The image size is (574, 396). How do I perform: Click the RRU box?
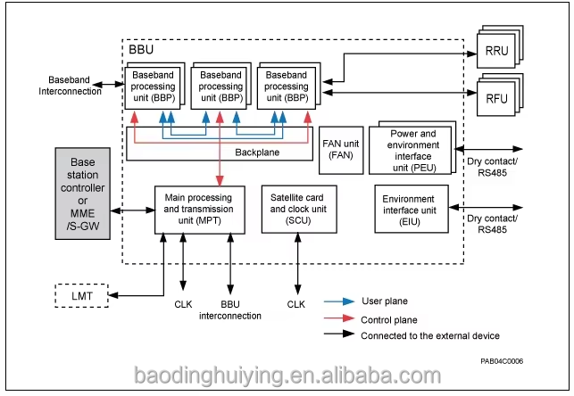498,51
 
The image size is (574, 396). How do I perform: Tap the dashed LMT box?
81,294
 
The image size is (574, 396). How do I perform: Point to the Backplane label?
258,153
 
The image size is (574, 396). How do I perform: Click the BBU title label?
142,53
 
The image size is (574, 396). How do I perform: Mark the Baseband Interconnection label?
70,86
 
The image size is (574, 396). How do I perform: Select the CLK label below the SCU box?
296,305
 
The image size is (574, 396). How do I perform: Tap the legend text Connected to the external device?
430,335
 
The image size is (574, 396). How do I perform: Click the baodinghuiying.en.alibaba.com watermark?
287,375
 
